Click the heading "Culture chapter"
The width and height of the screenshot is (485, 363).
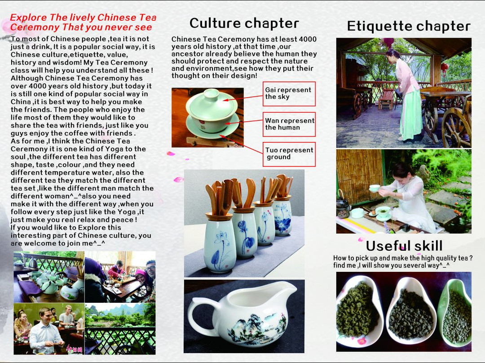point(244,23)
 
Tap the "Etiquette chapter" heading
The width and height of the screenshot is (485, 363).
point(409,27)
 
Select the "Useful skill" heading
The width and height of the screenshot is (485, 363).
point(404,246)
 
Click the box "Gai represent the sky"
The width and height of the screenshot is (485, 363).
point(289,94)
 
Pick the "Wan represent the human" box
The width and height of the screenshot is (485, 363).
point(289,124)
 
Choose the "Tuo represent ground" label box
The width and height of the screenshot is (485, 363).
point(289,154)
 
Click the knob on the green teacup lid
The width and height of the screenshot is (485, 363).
point(212,93)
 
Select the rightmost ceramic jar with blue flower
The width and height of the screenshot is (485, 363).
point(282,217)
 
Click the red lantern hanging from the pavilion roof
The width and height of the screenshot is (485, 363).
point(388,43)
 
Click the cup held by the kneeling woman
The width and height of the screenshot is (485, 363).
point(375,188)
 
